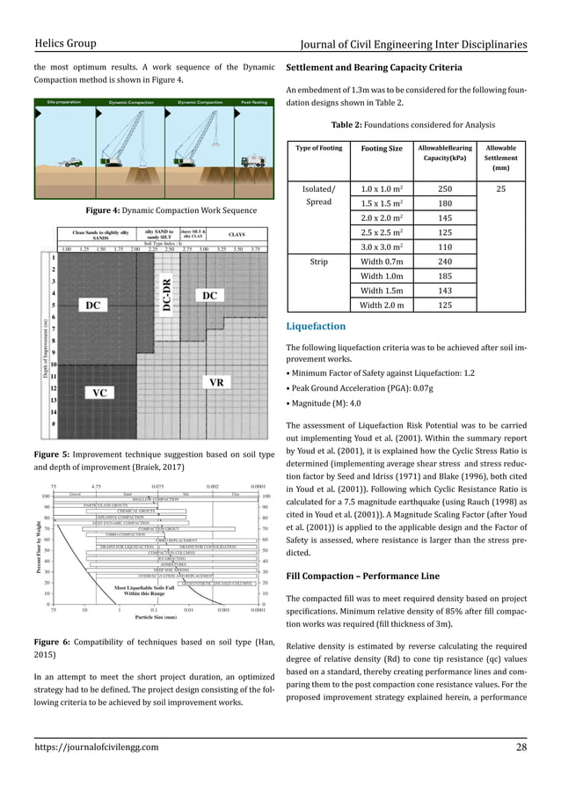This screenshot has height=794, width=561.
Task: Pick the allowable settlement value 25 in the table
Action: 501,187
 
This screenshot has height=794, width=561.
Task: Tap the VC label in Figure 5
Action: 94,393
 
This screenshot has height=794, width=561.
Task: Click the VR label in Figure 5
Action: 215,383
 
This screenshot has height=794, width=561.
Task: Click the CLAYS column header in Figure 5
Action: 237,234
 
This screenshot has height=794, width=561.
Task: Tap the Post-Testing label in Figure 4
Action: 254,102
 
